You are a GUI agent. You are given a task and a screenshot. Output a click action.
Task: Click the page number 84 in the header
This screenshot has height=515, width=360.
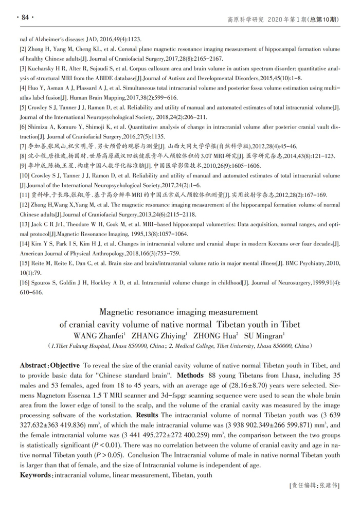pos(25,18)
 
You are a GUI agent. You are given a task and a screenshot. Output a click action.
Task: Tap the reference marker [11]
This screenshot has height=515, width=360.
pos(25,195)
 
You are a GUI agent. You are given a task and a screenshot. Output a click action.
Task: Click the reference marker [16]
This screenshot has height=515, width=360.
pos(25,283)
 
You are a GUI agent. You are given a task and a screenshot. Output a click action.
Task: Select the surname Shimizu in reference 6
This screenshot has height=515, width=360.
pos(39,127)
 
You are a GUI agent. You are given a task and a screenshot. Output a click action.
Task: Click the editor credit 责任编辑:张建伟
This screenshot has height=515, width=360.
pos(314,485)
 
